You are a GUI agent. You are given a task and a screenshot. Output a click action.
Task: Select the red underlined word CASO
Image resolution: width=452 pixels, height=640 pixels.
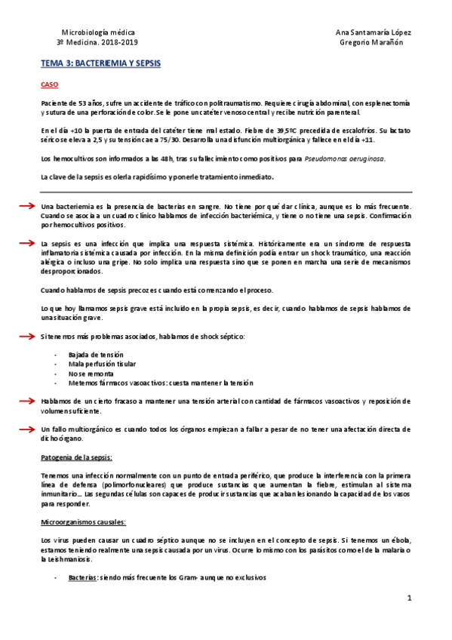[x=49, y=85]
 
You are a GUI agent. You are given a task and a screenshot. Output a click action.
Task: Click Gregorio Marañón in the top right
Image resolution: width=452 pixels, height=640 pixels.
[x=372, y=43]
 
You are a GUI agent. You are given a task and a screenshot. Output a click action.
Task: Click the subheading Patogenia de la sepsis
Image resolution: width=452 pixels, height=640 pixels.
[x=76, y=457]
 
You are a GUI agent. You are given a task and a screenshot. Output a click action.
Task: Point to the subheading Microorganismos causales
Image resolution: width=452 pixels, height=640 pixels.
[x=83, y=522]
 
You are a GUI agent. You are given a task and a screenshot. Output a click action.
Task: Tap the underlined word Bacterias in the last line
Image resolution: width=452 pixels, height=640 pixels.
[x=81, y=577]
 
